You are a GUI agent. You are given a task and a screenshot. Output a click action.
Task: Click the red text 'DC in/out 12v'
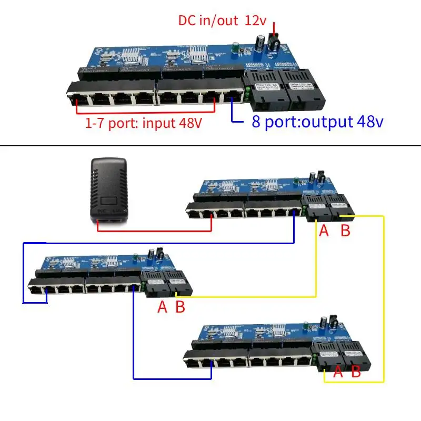[222, 21]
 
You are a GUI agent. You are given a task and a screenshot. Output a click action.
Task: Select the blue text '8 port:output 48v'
[315, 122]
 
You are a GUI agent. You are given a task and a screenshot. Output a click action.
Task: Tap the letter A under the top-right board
[324, 230]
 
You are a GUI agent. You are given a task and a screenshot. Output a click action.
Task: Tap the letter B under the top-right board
[345, 230]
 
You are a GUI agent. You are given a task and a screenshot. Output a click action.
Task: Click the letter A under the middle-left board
[162, 307]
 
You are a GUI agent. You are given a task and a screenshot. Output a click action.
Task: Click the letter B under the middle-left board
[180, 307]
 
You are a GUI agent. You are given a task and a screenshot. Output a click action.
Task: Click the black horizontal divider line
[210, 146]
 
